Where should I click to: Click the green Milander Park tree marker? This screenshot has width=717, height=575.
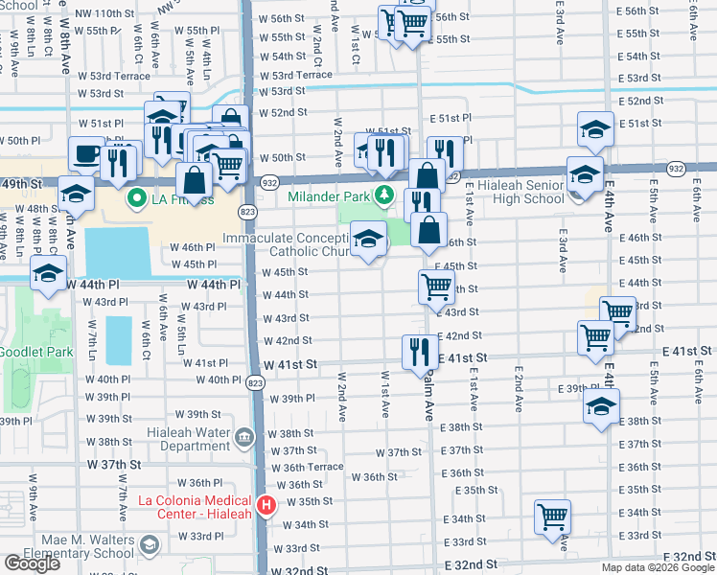pos(384,195)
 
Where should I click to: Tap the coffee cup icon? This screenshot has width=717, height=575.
pos(87,153)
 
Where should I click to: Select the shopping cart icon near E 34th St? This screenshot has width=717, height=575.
pos(553,517)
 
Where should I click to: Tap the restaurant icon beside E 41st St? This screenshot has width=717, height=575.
pos(417,351)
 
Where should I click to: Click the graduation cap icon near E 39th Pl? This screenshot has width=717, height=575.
pos(601,404)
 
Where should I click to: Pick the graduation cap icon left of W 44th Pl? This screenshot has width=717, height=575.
pos(47,273)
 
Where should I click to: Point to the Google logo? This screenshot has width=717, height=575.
pos(31,563)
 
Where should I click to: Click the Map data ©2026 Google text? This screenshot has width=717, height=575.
pos(658,567)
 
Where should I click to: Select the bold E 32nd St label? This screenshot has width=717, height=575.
pos(689,557)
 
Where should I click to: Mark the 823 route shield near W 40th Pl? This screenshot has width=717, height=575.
pos(254,382)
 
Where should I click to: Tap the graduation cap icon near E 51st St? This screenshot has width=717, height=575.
pos(595,129)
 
